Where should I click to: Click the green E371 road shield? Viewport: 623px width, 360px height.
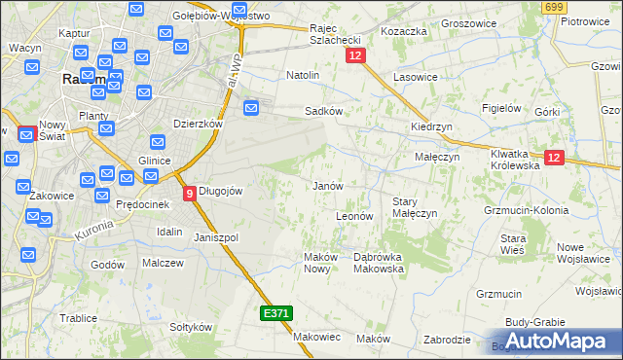point(275,313)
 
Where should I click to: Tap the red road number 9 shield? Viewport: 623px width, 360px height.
point(190,193)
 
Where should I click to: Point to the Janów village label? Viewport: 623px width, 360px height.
point(326,186)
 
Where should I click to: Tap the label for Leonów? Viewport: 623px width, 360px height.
point(354,216)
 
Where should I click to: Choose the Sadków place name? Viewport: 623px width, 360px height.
point(324,111)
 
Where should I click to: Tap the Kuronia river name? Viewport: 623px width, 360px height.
point(94,230)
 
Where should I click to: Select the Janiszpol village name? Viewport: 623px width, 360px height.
point(216,237)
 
